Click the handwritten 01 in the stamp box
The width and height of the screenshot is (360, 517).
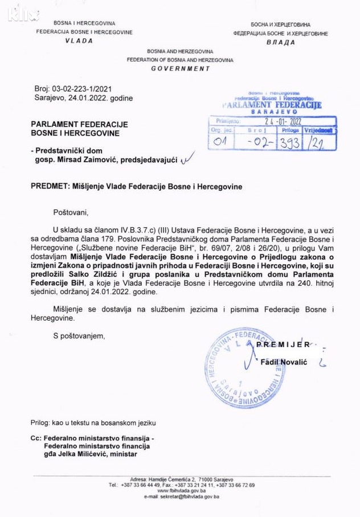(220, 142)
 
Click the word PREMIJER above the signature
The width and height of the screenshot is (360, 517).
(283, 344)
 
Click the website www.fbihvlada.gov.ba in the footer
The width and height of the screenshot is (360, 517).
(182, 490)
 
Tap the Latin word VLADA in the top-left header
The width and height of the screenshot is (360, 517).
(79, 41)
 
